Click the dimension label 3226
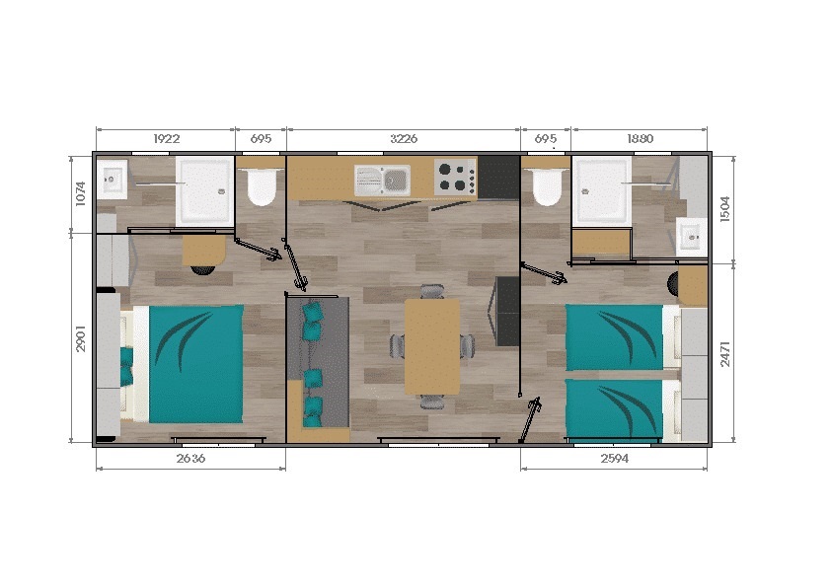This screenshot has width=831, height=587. click(x=403, y=139)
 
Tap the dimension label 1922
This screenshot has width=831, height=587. click(x=166, y=139)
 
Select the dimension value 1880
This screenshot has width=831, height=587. click(x=640, y=139)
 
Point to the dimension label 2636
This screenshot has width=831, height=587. click(x=189, y=459)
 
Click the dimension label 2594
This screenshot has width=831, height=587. click(x=613, y=459)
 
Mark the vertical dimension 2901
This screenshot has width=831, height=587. click(x=82, y=339)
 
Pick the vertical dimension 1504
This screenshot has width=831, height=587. click(x=724, y=208)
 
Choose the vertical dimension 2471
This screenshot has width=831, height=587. click(x=724, y=351)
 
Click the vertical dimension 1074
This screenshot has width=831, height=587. click(x=82, y=194)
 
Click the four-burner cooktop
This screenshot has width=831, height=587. click(x=455, y=178)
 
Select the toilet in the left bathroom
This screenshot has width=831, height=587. click(x=261, y=186)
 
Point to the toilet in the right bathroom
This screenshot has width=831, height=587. click(x=545, y=184)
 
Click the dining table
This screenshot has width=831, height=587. click(x=431, y=346)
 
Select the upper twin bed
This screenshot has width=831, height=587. click(x=614, y=336)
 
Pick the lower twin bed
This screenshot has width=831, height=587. click(x=614, y=407)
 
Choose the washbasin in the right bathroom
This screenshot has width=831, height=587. click(x=689, y=235)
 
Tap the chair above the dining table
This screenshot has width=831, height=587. click(x=432, y=291)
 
